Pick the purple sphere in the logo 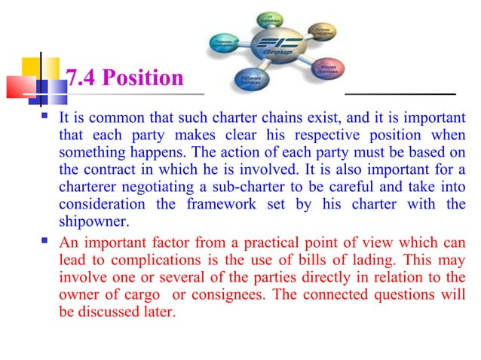[x=323, y=68]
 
